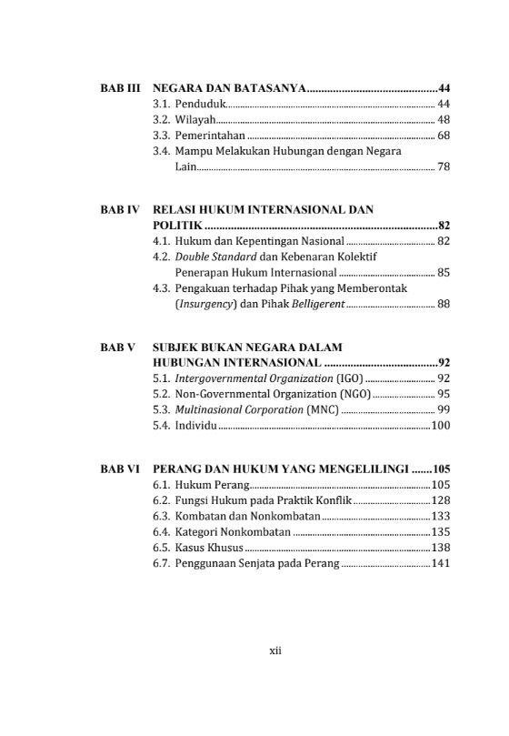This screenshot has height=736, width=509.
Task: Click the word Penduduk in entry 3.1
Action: click(200, 105)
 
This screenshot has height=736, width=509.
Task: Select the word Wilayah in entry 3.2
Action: click(195, 120)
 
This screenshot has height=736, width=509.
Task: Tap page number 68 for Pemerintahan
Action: click(444, 136)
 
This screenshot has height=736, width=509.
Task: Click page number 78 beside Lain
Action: click(444, 167)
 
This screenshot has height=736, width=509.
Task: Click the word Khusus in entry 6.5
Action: click(225, 549)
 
